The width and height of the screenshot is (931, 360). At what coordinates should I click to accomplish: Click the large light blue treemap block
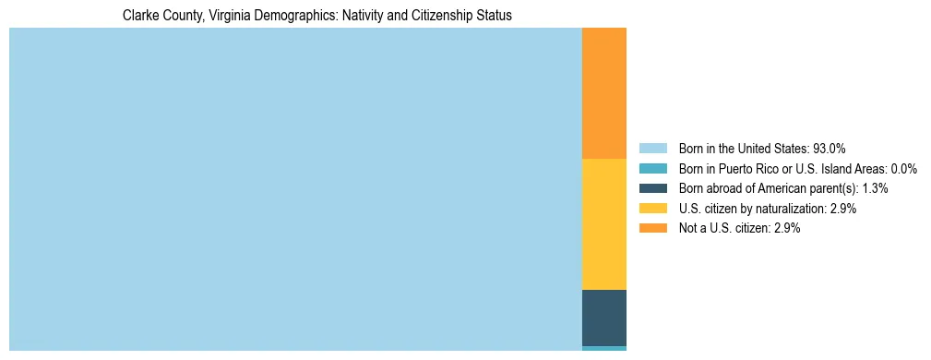point(295,189)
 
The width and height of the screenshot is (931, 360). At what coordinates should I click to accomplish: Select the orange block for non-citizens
point(604,92)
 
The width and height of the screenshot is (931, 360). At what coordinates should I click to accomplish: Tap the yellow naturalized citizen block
point(604,224)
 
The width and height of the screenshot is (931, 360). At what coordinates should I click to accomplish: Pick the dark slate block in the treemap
point(604,318)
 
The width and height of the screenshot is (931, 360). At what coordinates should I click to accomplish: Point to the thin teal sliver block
point(604,348)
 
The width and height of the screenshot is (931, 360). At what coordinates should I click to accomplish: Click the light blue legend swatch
point(652,149)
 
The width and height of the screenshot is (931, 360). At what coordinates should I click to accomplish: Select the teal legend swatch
point(652,169)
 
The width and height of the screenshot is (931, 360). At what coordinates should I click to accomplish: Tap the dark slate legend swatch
point(652,188)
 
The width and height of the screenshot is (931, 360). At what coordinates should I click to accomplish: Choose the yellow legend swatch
point(652,209)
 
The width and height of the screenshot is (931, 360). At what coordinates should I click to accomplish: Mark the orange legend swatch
point(652,228)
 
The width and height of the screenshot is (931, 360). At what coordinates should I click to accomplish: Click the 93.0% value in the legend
point(830,149)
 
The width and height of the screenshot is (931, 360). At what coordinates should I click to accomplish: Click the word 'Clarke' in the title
point(139,16)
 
